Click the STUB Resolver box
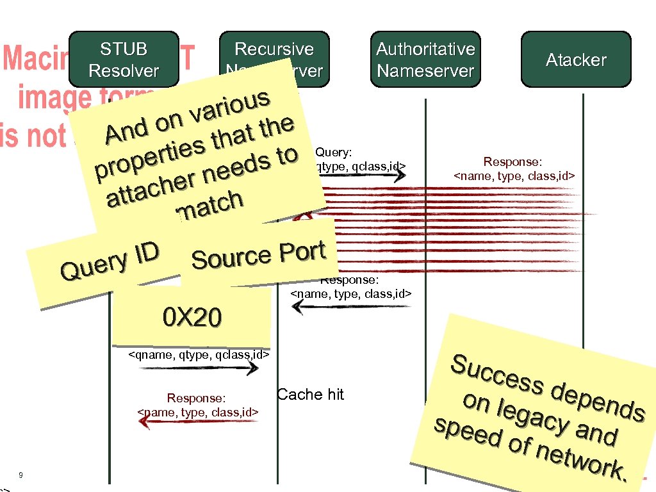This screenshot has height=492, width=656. [124, 60]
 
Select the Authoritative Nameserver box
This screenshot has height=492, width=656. [425, 60]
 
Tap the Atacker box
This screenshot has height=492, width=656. [576, 60]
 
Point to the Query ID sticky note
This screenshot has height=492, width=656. [109, 263]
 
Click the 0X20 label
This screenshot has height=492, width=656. [192, 316]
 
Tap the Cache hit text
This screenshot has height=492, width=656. [310, 395]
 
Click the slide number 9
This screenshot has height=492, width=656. [21, 475]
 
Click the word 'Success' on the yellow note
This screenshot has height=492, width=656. [497, 374]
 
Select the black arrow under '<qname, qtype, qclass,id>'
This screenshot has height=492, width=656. [199, 368]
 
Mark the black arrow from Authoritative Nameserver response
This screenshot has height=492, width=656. [350, 306]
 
